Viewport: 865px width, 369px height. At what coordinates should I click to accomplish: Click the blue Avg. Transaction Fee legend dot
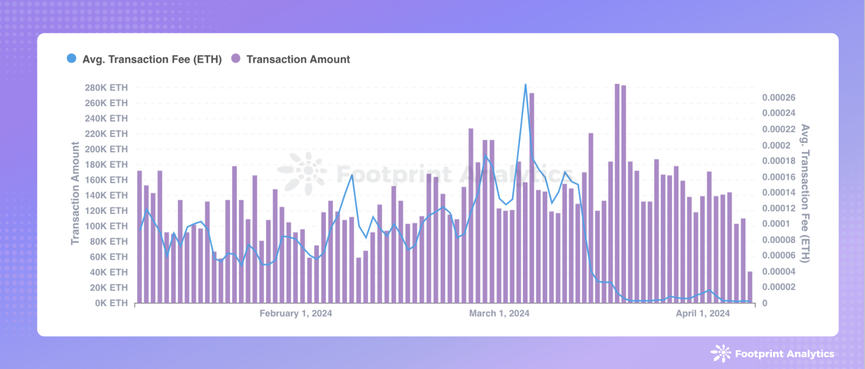72,58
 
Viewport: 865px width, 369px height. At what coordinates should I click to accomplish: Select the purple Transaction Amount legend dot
236,58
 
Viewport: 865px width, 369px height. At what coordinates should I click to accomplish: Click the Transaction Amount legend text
298,60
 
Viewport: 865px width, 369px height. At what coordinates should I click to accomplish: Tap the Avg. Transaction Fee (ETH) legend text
152,60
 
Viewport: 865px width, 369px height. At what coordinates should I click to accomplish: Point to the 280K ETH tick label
106,87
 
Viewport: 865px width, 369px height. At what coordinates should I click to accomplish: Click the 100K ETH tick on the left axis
106,226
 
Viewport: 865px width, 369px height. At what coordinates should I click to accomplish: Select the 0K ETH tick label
111,303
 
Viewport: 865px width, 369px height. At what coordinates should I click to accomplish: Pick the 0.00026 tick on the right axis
778,98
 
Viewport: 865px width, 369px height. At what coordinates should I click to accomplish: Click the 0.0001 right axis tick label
776,224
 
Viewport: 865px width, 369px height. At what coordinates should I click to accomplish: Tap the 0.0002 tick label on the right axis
776,145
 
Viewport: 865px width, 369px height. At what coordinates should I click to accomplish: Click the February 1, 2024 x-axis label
296,314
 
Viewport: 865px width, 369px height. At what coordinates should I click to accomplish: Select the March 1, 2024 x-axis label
499,314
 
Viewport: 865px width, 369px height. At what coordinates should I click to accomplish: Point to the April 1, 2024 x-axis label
703,314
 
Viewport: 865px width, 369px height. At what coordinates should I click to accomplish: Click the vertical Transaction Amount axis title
75,193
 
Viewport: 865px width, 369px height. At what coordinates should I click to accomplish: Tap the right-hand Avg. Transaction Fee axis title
805,193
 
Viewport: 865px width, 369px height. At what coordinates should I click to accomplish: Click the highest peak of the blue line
525,85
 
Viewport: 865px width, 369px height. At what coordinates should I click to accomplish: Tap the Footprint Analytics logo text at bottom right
784,354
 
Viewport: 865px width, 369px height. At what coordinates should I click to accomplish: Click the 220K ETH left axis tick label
106,134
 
